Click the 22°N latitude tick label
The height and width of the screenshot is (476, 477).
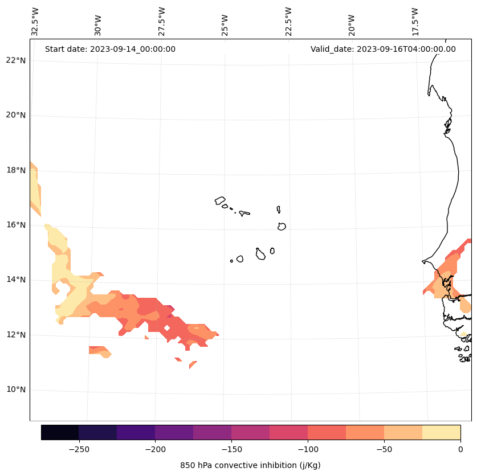coord(14,60)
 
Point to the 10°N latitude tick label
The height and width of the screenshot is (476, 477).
coord(14,390)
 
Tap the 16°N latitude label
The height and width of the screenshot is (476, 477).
coord(14,225)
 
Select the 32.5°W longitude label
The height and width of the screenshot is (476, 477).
coord(35,22)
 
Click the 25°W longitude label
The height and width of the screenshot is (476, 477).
coord(225,23)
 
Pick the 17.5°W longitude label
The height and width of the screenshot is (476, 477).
coord(415,22)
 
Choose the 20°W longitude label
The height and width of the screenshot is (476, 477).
coord(352,23)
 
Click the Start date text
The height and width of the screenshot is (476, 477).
coord(110,49)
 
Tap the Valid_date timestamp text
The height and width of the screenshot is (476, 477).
coord(383,49)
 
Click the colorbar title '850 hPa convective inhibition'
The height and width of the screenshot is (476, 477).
coord(250,465)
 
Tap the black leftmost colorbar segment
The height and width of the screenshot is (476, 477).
coord(60,432)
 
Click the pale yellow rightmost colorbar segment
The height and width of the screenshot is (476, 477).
coord(441,432)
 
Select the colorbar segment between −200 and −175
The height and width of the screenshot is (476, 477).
coord(174,432)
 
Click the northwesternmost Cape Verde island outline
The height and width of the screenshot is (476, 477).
coord(220,200)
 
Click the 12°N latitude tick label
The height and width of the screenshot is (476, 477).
coord(14,335)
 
